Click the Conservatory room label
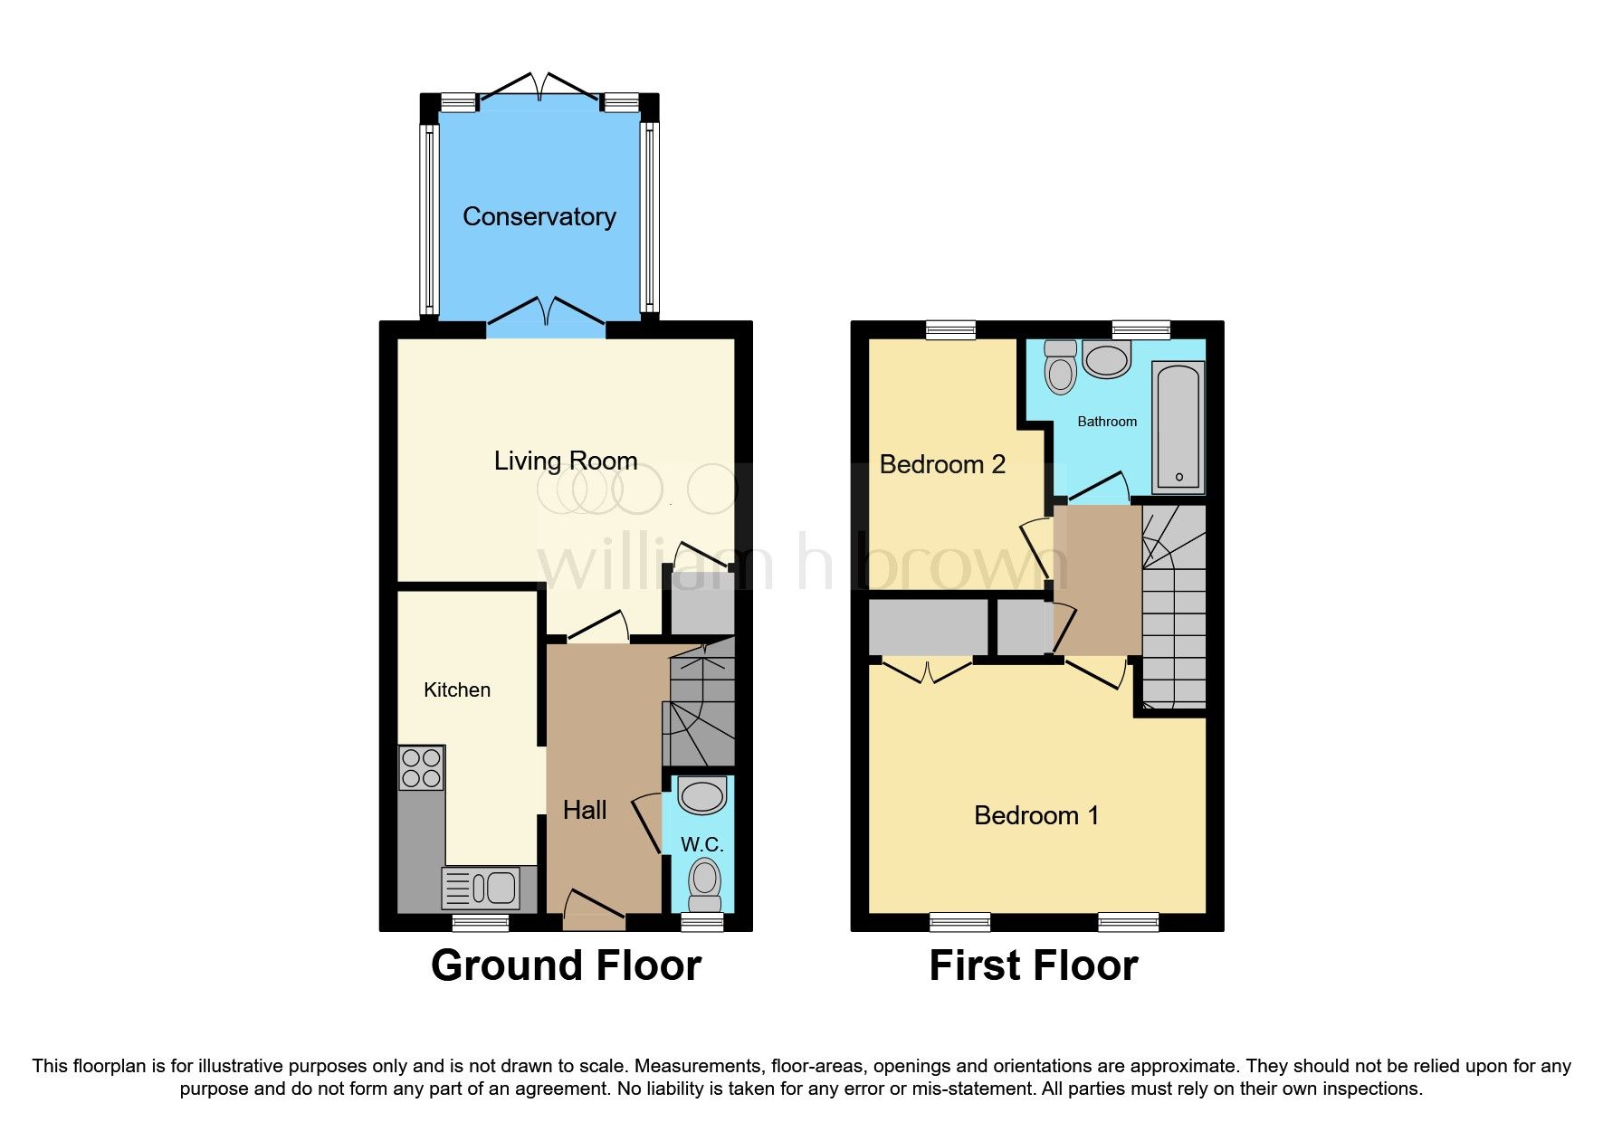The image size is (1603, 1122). click(539, 216)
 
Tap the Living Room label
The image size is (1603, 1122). click(565, 461)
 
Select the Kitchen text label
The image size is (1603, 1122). click(456, 689)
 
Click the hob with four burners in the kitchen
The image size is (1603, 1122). click(421, 768)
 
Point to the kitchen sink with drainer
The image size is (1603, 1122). click(481, 888)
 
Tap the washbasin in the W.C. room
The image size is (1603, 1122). click(702, 796)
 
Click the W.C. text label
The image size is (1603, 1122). click(701, 844)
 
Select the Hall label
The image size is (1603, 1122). click(584, 810)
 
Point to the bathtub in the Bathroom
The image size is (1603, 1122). click(1178, 426)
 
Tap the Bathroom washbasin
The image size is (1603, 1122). click(1106, 360)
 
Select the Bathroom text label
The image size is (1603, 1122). click(1106, 422)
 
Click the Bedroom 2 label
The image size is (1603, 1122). click(941, 464)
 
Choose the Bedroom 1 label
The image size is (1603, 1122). click(1035, 815)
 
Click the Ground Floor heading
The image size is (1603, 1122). click(566, 965)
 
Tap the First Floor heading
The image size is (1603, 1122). click(1033, 965)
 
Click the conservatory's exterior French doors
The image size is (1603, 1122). click(539, 90)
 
